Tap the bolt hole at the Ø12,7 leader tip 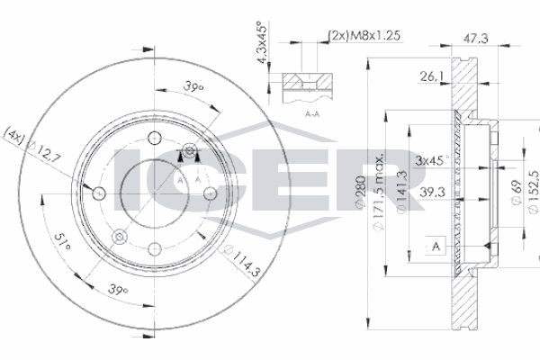click(96, 193)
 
